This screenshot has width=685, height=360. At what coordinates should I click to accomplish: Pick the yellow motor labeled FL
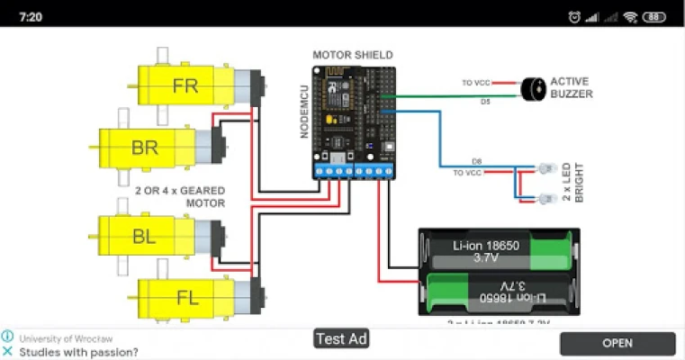[x=186, y=296]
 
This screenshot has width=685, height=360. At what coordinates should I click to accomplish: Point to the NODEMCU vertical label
[x=306, y=112]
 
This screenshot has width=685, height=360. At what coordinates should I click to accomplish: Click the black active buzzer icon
[x=534, y=87]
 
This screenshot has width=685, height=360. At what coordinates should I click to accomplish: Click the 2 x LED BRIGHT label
[x=572, y=183]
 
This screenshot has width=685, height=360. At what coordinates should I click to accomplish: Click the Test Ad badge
[x=342, y=339]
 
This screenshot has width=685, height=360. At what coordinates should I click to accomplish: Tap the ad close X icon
[x=7, y=352]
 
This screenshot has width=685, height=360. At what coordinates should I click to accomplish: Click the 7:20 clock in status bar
[x=30, y=16]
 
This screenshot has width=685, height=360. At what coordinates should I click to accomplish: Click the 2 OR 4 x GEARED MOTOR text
[x=180, y=197]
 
